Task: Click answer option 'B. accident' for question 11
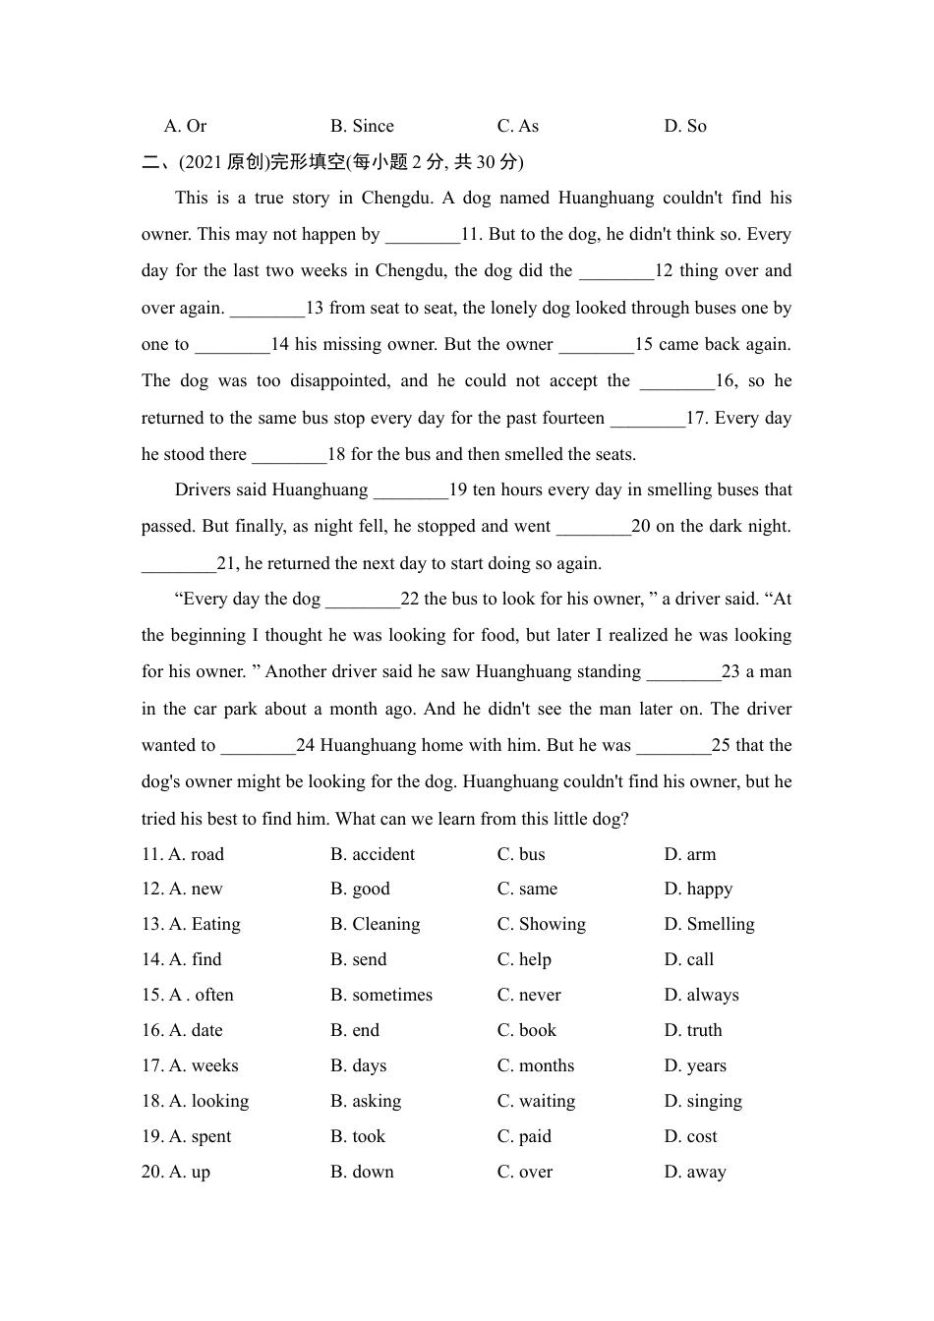(x=373, y=854)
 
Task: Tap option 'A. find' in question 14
(x=195, y=959)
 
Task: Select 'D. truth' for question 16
(x=693, y=1030)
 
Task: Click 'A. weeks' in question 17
(x=204, y=1065)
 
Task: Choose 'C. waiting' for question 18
(x=536, y=1101)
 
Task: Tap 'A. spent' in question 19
(x=200, y=1136)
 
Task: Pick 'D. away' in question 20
(x=695, y=1172)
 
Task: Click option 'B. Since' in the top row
(x=362, y=126)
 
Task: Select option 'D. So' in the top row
(x=685, y=126)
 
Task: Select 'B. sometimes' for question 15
(x=381, y=995)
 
